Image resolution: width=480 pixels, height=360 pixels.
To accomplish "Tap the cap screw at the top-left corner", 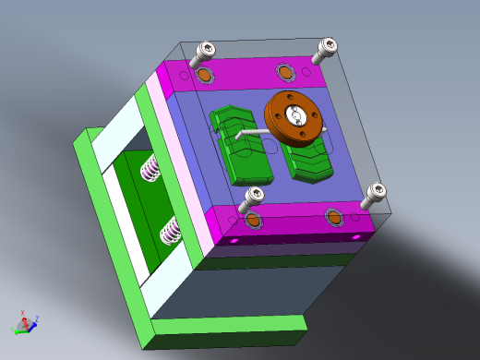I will (206, 52).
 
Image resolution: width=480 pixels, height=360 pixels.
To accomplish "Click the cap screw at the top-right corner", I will (328, 47).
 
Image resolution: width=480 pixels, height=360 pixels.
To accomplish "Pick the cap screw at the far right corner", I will (375, 194).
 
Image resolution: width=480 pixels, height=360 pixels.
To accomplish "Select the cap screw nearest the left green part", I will (253, 197).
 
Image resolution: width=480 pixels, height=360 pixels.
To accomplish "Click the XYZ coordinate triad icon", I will (24, 323).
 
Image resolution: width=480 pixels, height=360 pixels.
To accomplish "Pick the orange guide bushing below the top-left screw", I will (203, 74).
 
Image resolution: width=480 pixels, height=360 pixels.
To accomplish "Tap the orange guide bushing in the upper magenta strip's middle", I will (284, 71).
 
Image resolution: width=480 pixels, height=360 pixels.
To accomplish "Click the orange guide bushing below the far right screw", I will (335, 217).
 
